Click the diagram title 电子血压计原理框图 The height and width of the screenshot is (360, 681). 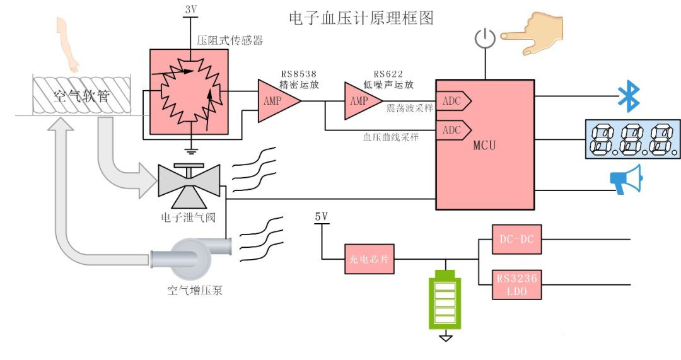tap(361, 17)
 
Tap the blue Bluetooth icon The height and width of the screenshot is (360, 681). tap(628, 96)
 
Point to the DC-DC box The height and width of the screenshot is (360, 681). tap(516, 240)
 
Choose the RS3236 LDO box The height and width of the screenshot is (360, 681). tap(516, 285)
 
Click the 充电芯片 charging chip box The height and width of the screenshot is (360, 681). tap(370, 258)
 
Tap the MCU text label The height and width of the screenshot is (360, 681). tap(484, 146)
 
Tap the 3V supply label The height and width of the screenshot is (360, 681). tap(191, 9)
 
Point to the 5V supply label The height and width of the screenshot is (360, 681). tap(321, 217)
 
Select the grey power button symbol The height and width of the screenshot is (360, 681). tap(483, 39)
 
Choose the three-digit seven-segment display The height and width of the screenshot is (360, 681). tap(631, 138)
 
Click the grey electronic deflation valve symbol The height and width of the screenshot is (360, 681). tap(189, 183)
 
